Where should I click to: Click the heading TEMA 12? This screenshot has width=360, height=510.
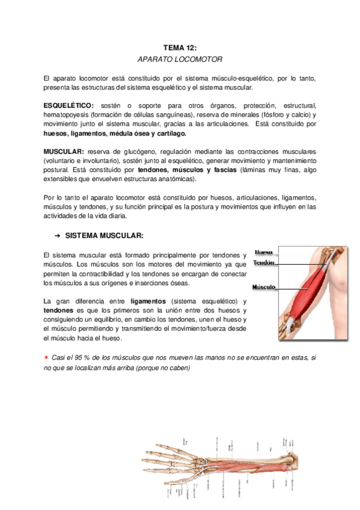(x=180, y=47)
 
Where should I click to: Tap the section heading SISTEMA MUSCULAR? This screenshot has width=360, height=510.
(x=105, y=235)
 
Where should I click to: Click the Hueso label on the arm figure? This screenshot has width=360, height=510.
(x=263, y=252)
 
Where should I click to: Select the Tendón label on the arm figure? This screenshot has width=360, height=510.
(x=264, y=263)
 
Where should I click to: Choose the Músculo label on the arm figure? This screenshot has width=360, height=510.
(x=264, y=287)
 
